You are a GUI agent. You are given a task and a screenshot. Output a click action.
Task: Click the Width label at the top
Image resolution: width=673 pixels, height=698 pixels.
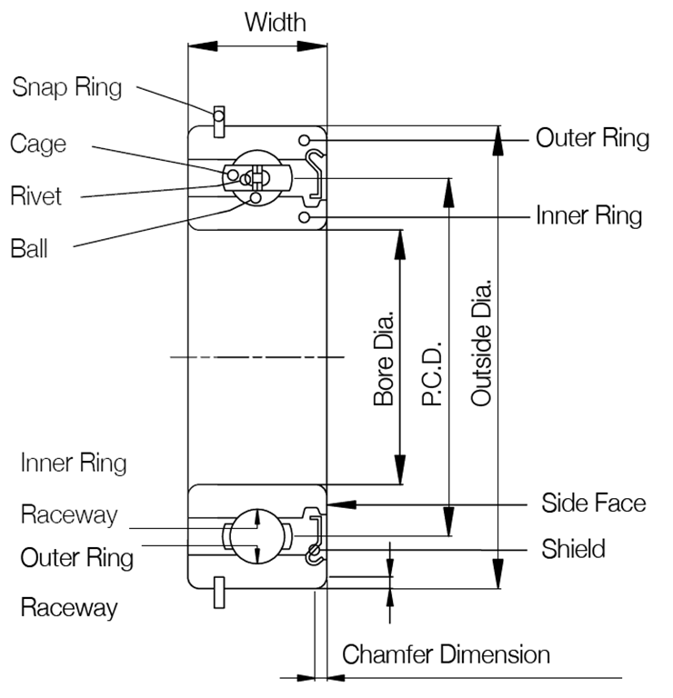click(x=275, y=23)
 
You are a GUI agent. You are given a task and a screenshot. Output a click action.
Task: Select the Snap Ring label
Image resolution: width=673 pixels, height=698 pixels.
click(x=66, y=87)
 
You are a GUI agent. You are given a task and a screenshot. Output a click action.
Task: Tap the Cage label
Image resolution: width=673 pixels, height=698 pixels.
click(x=38, y=143)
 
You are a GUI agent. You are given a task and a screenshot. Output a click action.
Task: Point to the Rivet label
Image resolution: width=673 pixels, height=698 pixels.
click(x=36, y=195)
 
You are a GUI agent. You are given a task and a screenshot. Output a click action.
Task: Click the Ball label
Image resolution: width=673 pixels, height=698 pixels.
click(x=31, y=248)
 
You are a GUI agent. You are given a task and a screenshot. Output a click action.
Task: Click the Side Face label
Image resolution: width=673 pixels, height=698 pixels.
click(x=594, y=503)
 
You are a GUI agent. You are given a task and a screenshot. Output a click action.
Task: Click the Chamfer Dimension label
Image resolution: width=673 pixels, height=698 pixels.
click(x=446, y=654)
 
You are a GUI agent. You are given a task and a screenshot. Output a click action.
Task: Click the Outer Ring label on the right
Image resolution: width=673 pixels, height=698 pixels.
click(x=592, y=138)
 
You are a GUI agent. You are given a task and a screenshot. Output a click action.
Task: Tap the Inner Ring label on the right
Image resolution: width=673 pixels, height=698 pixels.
click(x=588, y=215)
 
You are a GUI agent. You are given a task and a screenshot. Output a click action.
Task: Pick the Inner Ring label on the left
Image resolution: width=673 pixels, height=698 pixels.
click(x=74, y=463)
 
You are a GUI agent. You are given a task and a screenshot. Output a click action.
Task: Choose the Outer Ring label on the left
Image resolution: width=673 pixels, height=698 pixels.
click(x=77, y=557)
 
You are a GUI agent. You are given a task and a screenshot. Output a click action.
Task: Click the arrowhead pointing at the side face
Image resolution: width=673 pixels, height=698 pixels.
click(x=336, y=503)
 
